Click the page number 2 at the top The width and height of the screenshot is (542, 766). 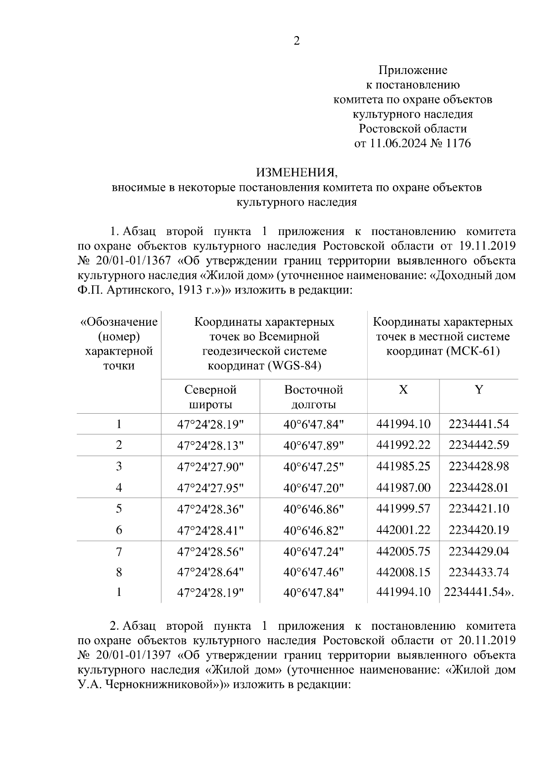(x=296, y=41)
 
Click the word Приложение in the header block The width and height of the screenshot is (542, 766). (x=412, y=70)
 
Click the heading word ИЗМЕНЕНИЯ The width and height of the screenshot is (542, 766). (x=296, y=173)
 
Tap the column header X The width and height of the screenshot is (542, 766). (x=403, y=390)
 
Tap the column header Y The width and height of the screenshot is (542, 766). (x=478, y=390)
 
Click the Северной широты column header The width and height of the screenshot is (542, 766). (x=210, y=397)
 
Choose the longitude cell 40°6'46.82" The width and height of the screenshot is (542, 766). (x=313, y=530)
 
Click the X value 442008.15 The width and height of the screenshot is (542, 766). (x=403, y=572)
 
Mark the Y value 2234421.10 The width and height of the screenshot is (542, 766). (x=478, y=509)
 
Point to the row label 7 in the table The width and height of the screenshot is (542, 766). (x=119, y=551)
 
